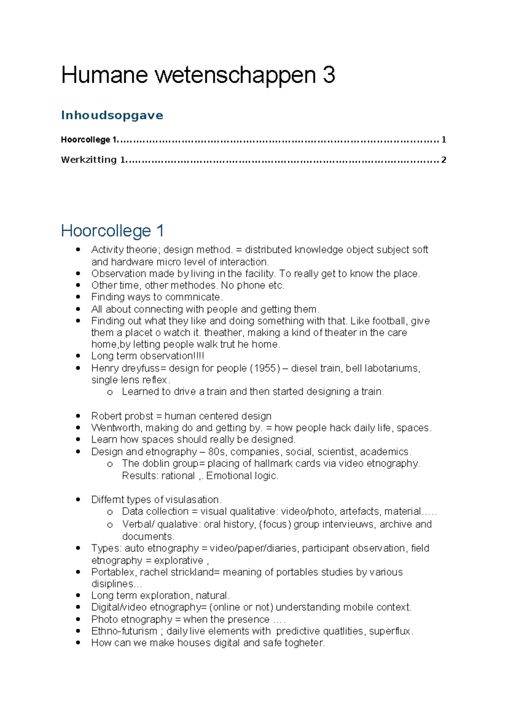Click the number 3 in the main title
coord(329,75)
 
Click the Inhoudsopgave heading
coord(112,115)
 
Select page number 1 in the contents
coord(443,140)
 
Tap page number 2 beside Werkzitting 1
coord(443,160)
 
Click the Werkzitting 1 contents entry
coord(94,160)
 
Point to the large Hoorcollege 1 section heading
coord(112,231)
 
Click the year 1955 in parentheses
coord(265,368)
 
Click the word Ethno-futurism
coord(124,631)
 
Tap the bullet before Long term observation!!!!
coord(78,356)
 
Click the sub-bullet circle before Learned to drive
coord(110,392)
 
